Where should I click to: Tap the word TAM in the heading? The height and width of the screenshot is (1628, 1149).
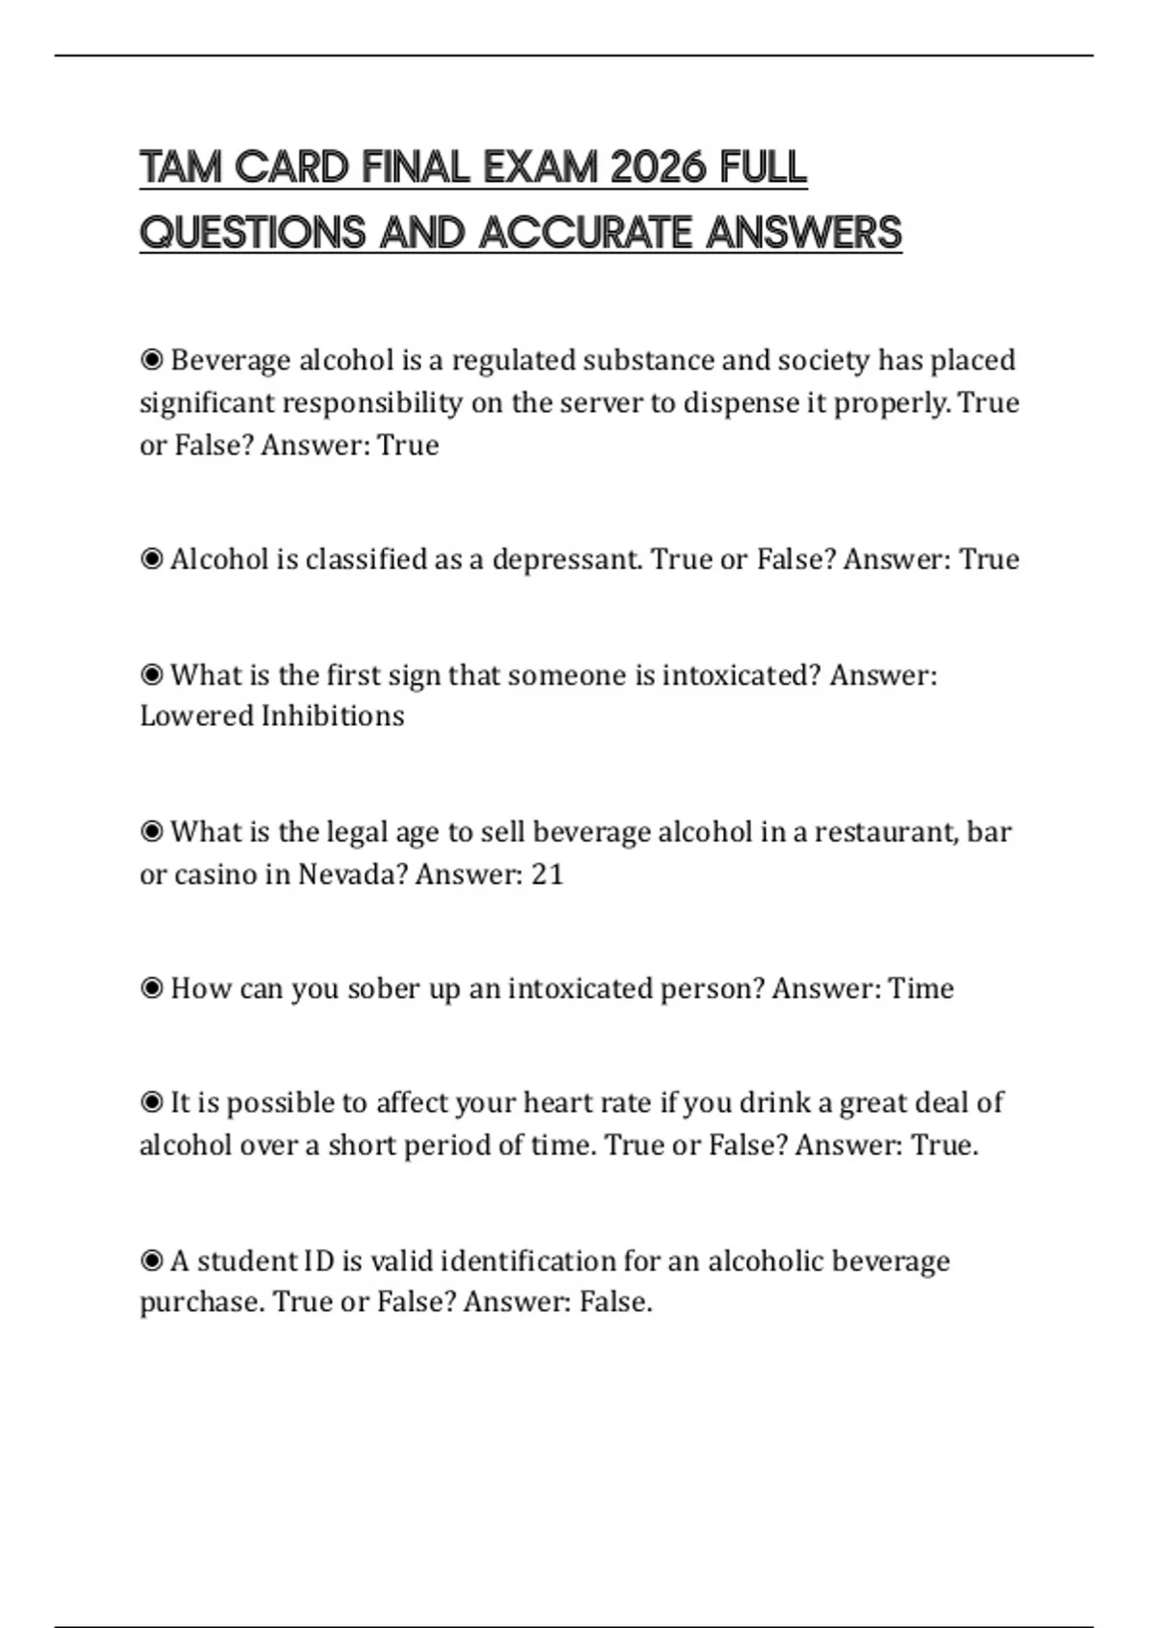[181, 169]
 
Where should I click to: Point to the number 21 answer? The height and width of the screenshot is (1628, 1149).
[547, 874]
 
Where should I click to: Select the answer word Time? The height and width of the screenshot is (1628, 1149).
[920, 988]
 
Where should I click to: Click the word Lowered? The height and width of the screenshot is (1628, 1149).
[196, 716]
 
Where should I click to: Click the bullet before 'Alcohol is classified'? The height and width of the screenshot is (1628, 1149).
[151, 559]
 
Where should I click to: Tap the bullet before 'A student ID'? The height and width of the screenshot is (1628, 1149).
[151, 1261]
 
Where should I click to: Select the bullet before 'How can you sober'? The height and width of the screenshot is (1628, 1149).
[151, 988]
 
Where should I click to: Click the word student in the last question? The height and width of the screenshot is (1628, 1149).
[247, 1261]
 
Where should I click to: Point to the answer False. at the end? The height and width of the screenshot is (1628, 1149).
[616, 1302]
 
